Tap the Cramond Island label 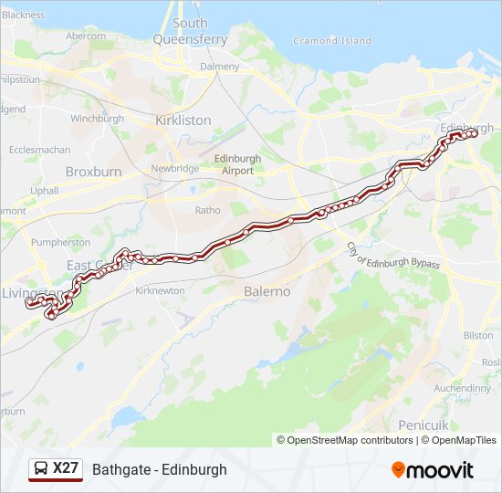pos(332,41)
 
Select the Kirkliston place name pos(183,121)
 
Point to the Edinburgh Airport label pos(236,163)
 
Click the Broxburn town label pos(93,172)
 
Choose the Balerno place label pos(267,291)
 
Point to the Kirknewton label pos(160,290)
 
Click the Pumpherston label pos(60,243)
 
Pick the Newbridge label pos(174,169)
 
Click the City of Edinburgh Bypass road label pos(392,256)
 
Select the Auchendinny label pos(463,387)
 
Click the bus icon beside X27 pos(40,469)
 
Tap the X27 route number pos(66,469)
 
